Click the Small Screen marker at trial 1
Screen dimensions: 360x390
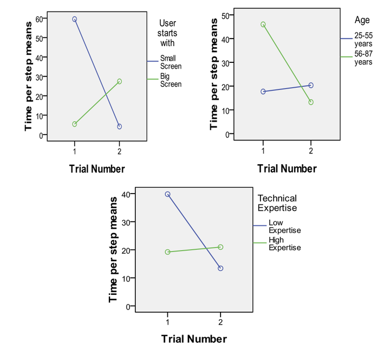[74, 19]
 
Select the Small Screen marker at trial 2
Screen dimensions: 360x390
[119, 127]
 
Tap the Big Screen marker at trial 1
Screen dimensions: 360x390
[74, 124]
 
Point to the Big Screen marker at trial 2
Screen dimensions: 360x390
[119, 81]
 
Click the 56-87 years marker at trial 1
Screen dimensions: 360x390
[263, 24]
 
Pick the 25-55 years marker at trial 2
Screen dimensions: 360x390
[311, 85]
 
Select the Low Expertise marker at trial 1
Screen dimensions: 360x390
[168, 194]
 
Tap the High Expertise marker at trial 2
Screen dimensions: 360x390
[220, 247]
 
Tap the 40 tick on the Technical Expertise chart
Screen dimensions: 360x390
[127, 194]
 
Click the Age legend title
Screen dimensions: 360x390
[362, 21]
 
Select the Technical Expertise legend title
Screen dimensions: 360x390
[277, 203]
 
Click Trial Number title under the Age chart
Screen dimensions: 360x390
[287, 169]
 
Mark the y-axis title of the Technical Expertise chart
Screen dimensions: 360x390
[114, 249]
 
